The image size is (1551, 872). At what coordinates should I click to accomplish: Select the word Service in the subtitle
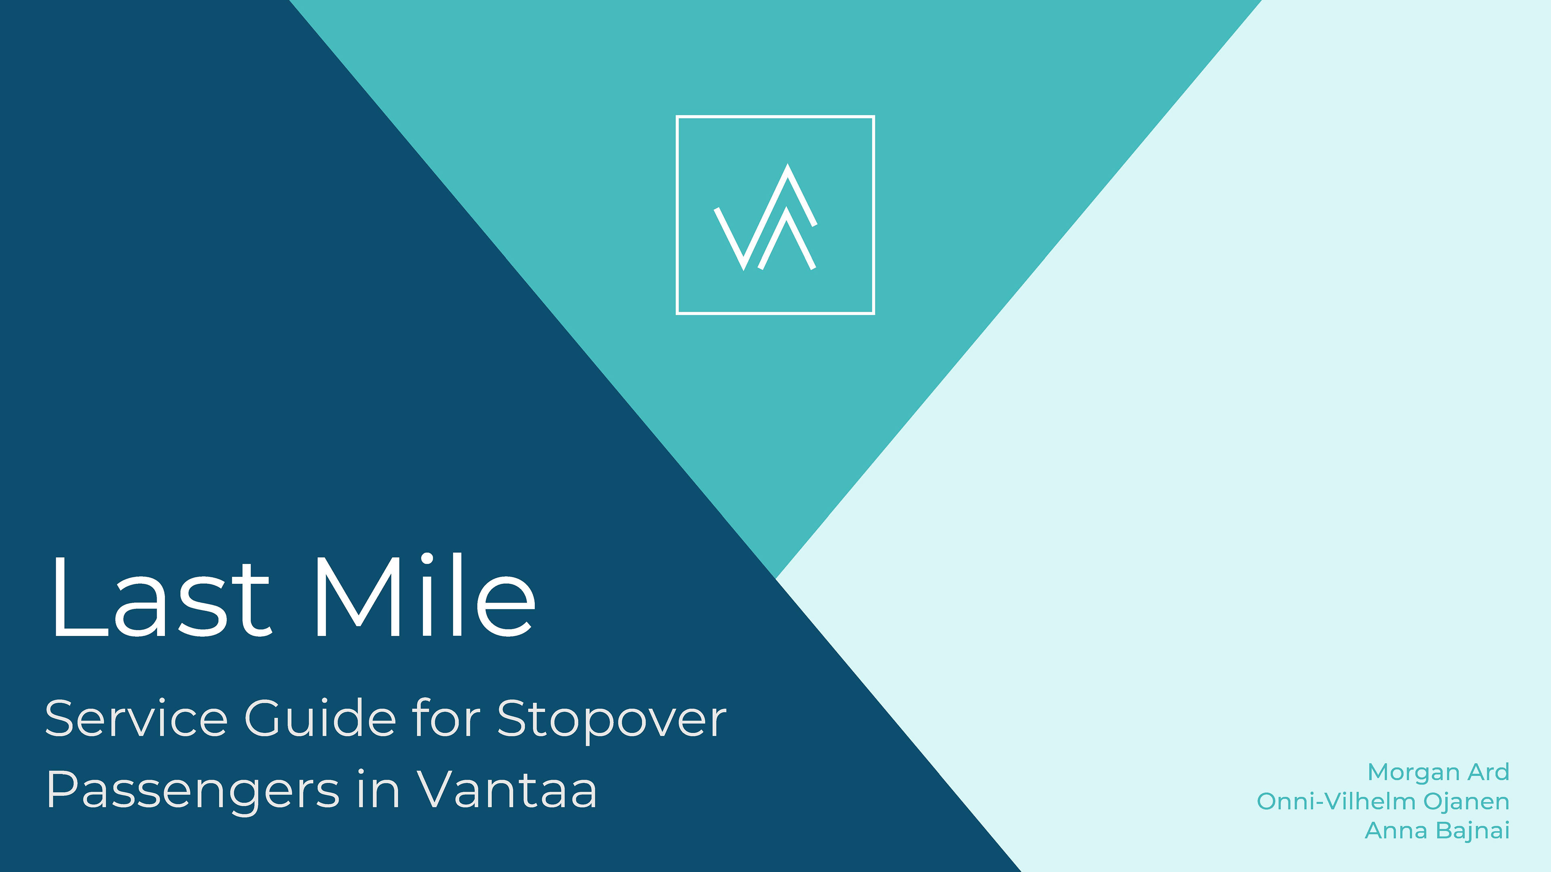[x=136, y=719]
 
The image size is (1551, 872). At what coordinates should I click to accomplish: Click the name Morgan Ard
[x=1438, y=772]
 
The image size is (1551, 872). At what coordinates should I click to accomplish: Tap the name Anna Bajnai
[x=1437, y=830]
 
